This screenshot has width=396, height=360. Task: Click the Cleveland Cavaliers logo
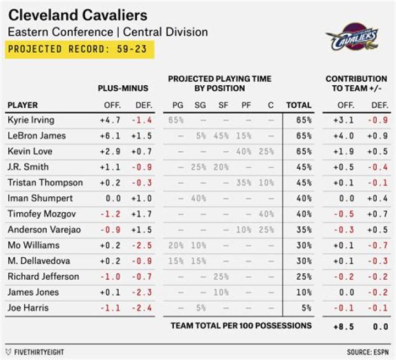point(351,37)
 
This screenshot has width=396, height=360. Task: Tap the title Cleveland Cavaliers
point(78,14)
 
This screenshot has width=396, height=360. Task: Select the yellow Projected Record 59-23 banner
point(80,49)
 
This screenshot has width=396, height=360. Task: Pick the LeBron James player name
point(37,135)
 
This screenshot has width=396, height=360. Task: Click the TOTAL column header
point(299,105)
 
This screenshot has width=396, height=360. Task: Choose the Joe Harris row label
point(28,308)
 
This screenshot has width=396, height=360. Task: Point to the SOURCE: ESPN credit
point(367,352)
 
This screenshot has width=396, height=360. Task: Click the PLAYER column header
point(23,105)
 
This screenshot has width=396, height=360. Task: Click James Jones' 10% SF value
point(221,292)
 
